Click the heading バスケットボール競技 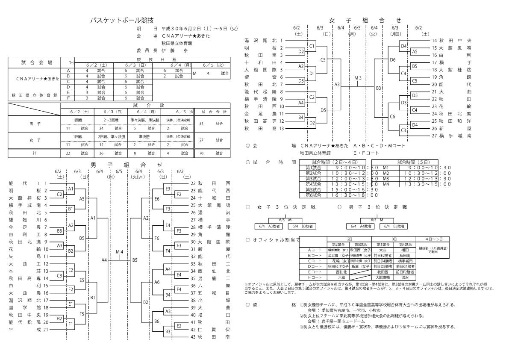tap(122, 20)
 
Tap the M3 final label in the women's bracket tap(358, 78)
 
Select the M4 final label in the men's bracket tap(120, 251)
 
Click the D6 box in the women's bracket tap(393, 60)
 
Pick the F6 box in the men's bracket tap(157, 238)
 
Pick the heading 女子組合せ tap(365, 20)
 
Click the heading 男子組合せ tap(127, 164)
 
